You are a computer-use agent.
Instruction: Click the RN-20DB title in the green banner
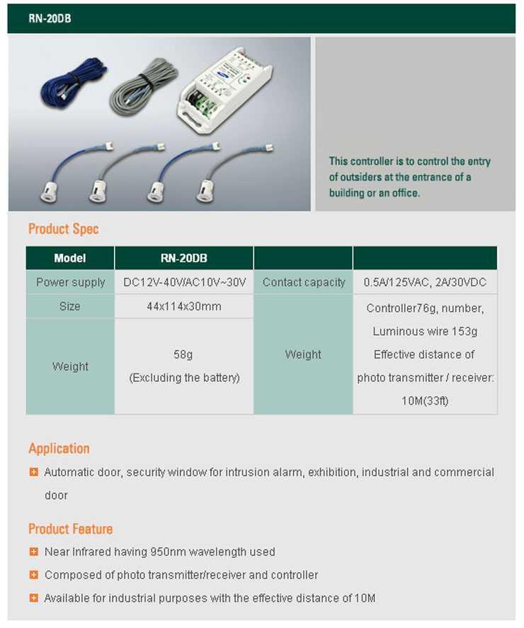pyautogui.click(x=50, y=19)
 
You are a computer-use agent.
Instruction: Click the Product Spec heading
pyautogui.click(x=63, y=229)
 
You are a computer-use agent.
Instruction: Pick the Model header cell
pyautogui.click(x=70, y=258)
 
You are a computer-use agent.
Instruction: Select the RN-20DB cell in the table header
pyautogui.click(x=183, y=258)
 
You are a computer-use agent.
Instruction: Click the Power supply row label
pyautogui.click(x=70, y=282)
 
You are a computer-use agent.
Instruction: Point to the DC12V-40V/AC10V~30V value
pyautogui.click(x=184, y=282)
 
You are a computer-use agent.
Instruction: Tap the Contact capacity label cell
pyautogui.click(x=303, y=282)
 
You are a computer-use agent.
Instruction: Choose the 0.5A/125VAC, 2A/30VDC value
pyautogui.click(x=425, y=282)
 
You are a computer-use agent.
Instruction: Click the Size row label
pyautogui.click(x=70, y=306)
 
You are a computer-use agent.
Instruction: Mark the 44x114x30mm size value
pyautogui.click(x=184, y=306)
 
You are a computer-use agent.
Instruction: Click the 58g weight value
pyautogui.click(x=184, y=354)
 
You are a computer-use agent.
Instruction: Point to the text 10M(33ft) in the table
pyautogui.click(x=425, y=401)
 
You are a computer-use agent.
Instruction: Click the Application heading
pyautogui.click(x=59, y=448)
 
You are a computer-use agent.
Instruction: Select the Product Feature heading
pyautogui.click(x=70, y=529)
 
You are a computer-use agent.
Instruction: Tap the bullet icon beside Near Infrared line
pyautogui.click(x=33, y=552)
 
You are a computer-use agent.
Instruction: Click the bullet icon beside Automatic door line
pyautogui.click(x=33, y=472)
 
